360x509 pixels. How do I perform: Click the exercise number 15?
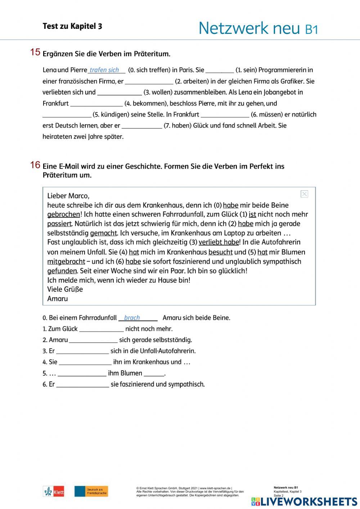point(35,52)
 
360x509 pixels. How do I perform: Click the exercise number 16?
point(35,165)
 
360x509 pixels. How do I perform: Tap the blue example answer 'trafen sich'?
point(104,70)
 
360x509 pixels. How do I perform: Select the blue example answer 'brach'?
point(132,318)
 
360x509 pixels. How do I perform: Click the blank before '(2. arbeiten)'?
point(149,81)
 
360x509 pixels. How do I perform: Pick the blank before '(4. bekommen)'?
point(96,104)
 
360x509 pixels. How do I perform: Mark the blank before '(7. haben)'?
point(142,126)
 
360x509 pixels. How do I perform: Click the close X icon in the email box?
point(304,194)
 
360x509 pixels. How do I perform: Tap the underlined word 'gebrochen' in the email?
point(64,215)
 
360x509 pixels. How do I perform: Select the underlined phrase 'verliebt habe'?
point(219,242)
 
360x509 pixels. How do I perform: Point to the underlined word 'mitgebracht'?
point(66,262)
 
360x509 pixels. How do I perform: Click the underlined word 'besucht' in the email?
point(220,252)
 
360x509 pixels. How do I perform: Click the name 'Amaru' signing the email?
point(58,299)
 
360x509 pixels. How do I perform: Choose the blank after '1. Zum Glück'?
point(102,329)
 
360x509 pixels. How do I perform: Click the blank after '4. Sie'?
point(85,362)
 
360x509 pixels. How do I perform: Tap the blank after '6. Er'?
point(83,385)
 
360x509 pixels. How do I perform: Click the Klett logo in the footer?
point(54,491)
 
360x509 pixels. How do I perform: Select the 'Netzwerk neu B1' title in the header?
point(258,28)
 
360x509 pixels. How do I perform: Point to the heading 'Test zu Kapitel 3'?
point(72,26)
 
